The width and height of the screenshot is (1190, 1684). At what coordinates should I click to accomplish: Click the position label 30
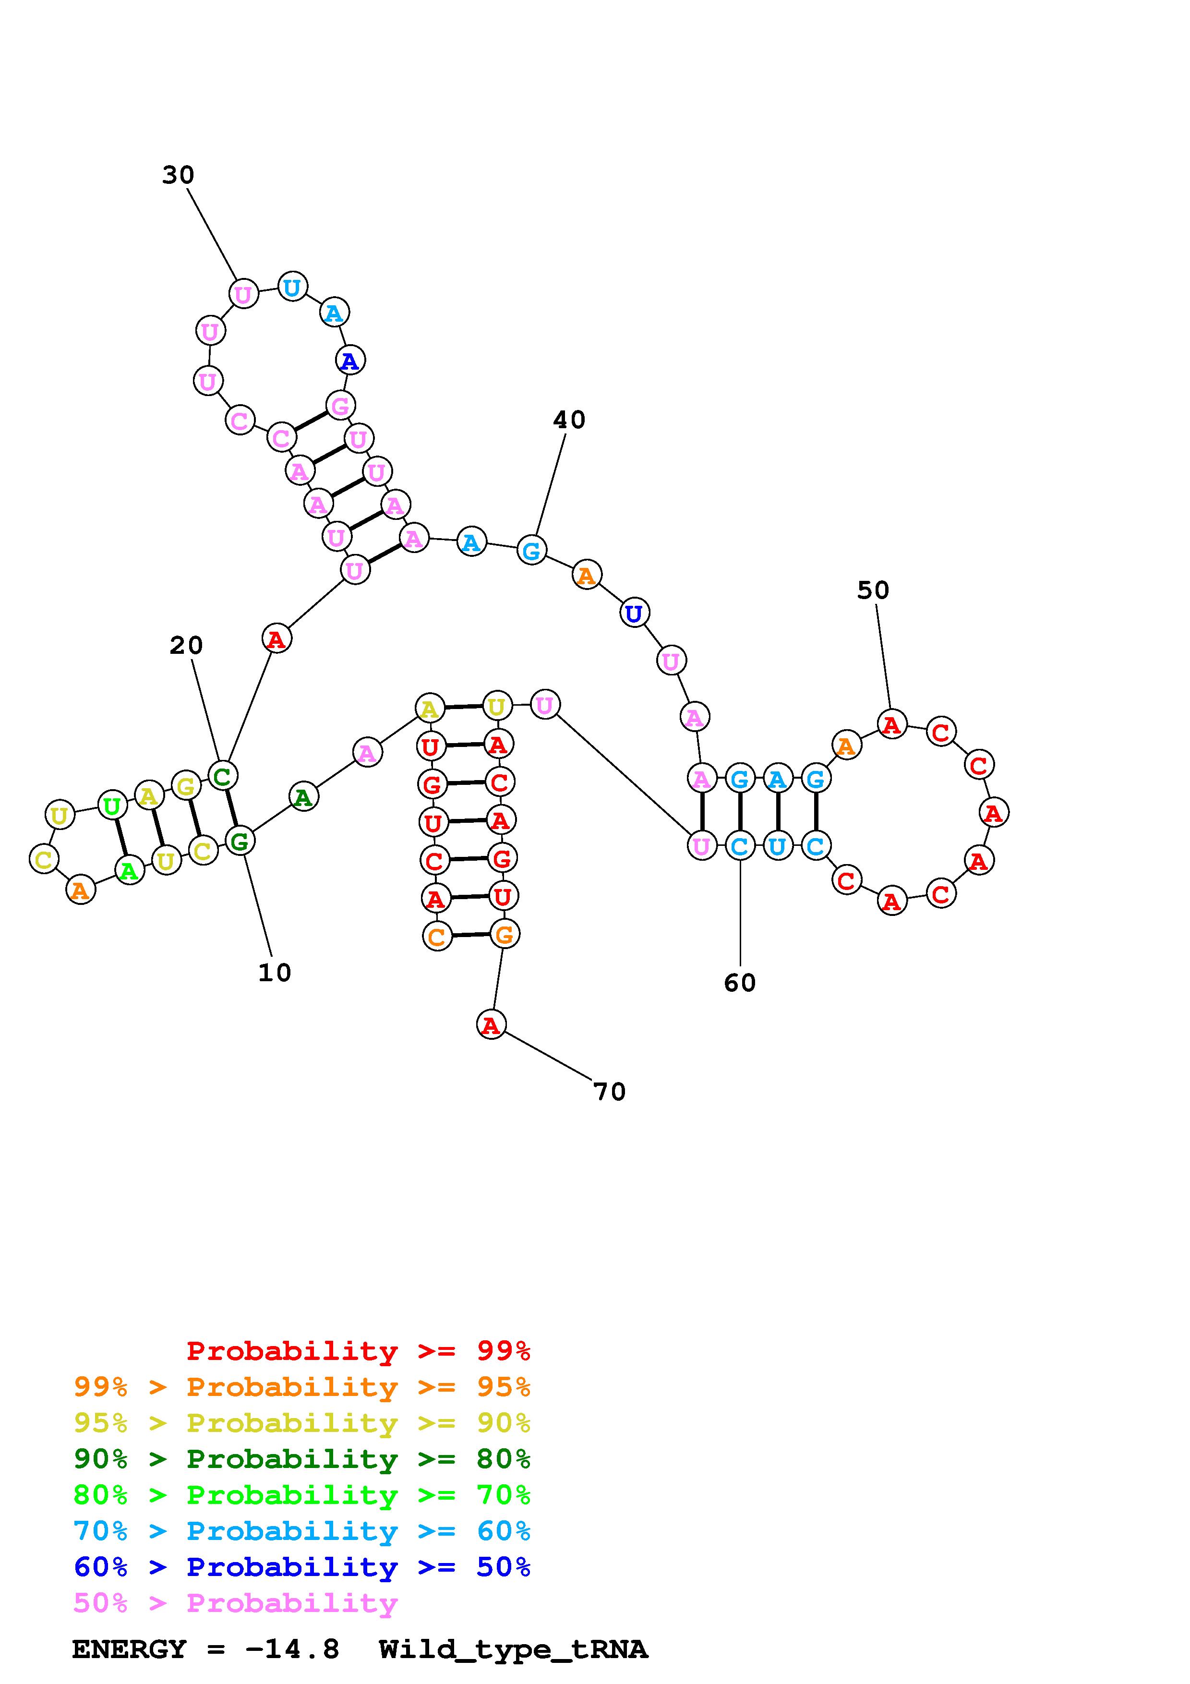pyautogui.click(x=178, y=175)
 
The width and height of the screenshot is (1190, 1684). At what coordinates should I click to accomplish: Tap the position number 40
pyautogui.click(x=569, y=420)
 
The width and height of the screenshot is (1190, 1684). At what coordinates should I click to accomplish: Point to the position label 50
pyautogui.click(x=873, y=590)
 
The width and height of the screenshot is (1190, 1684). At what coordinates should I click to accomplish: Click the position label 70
pyautogui.click(x=609, y=1092)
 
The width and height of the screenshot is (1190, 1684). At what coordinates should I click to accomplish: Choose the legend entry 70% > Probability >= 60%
pyautogui.click(x=301, y=1531)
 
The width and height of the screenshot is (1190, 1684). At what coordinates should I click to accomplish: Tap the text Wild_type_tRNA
pyautogui.click(x=513, y=1649)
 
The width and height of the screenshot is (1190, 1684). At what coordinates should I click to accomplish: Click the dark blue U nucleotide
pyautogui.click(x=634, y=613)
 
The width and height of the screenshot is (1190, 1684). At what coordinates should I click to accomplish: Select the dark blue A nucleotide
pyautogui.click(x=350, y=360)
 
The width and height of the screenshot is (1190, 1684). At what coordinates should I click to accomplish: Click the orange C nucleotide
pyautogui.click(x=437, y=936)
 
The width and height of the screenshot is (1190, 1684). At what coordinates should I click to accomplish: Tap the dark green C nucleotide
pyautogui.click(x=222, y=775)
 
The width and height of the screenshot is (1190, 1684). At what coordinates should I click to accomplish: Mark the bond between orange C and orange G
pyautogui.click(x=471, y=935)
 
